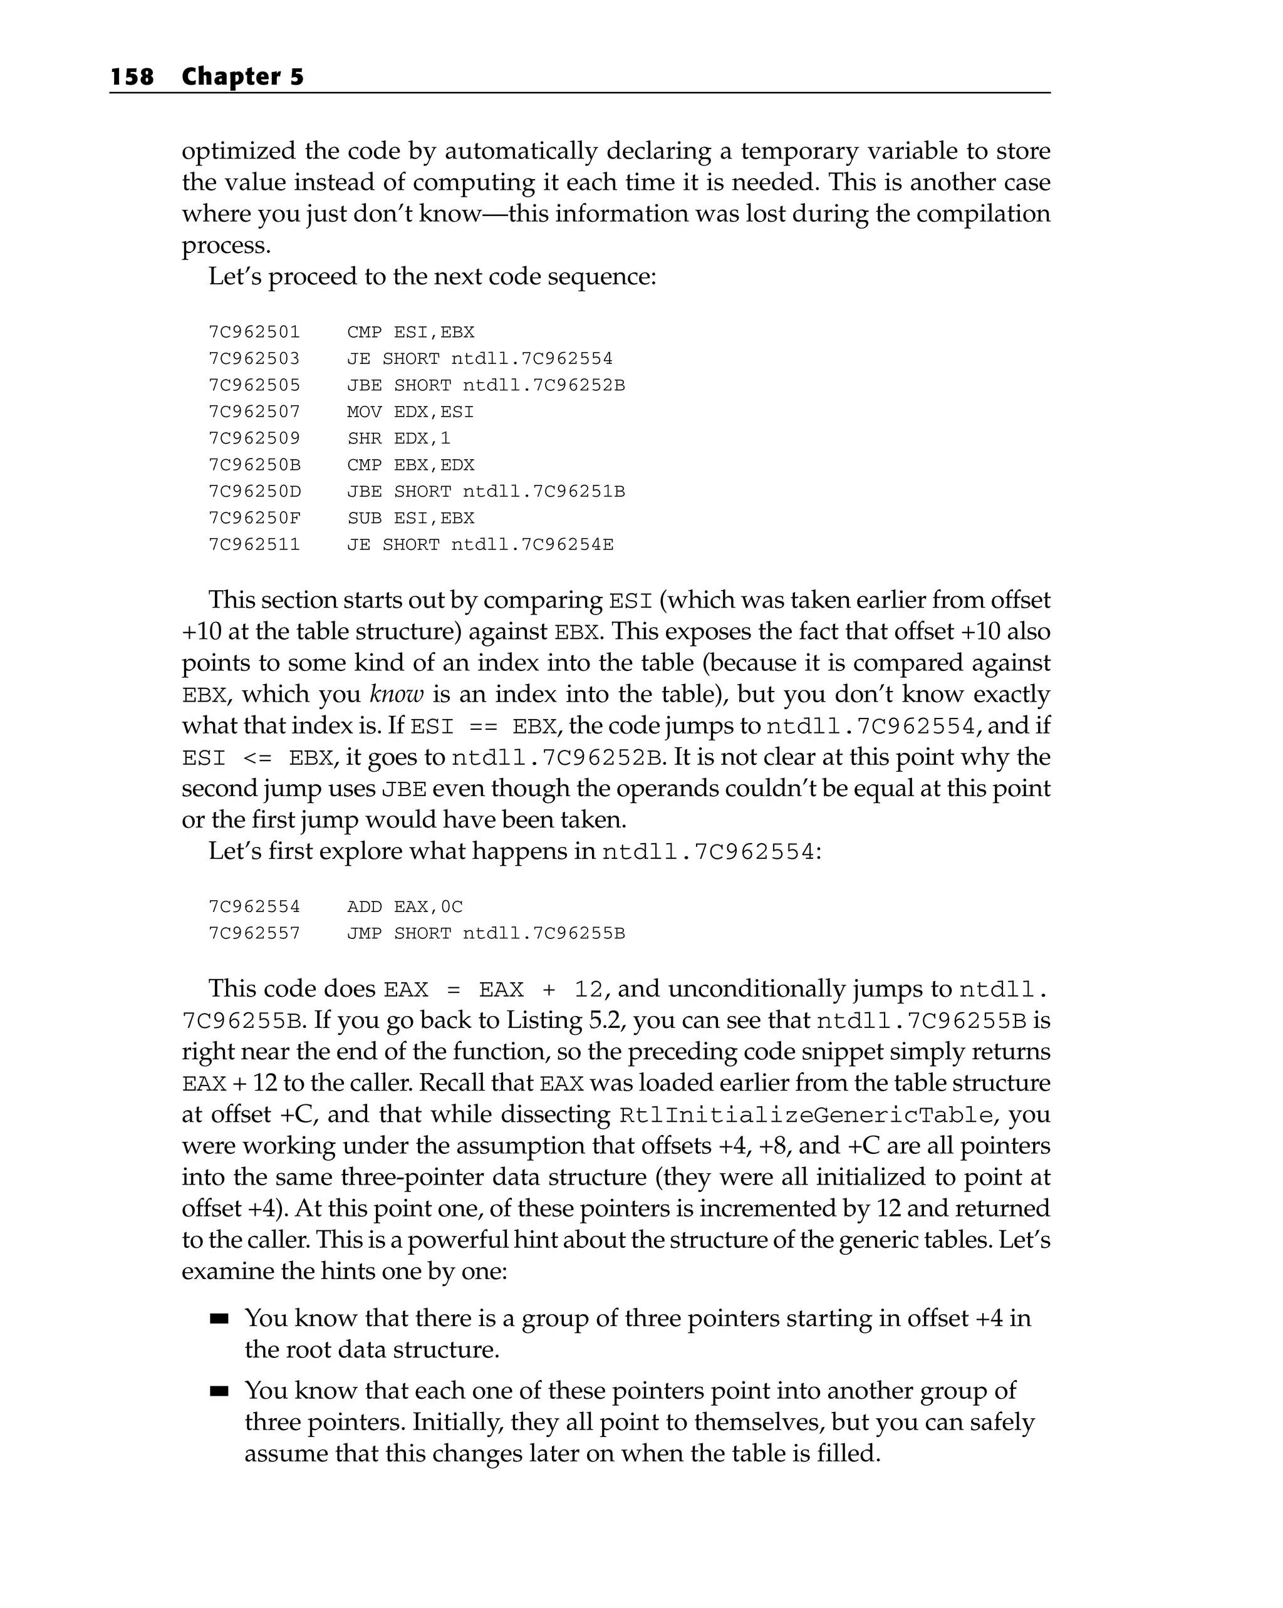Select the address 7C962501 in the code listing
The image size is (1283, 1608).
[254, 332]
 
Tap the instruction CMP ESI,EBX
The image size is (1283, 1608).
[410, 332]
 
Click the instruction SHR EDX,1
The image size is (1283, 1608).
[398, 438]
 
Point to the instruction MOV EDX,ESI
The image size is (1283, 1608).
[410, 412]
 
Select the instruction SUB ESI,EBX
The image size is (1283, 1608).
[410, 517]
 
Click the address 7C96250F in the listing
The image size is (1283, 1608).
[254, 517]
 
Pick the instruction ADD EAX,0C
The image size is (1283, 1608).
[404, 907]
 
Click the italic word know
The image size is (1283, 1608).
[396, 694]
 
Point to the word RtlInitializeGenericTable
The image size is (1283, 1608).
[806, 1115]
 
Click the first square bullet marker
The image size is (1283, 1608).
[219, 1319]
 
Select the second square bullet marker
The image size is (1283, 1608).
[219, 1392]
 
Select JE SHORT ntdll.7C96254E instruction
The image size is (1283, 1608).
[480, 544]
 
